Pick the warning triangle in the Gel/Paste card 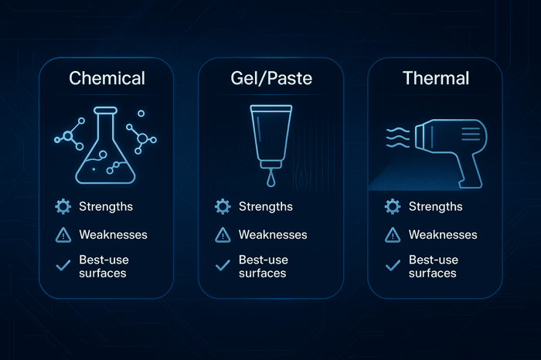(223, 235)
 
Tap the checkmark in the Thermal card (393, 265)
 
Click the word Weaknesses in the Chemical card (113, 234)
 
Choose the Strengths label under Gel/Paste (266, 206)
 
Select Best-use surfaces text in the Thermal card (433, 266)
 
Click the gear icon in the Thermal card (393, 206)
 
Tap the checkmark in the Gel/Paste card (223, 265)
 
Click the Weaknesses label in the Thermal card (443, 234)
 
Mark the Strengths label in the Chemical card (106, 206)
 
